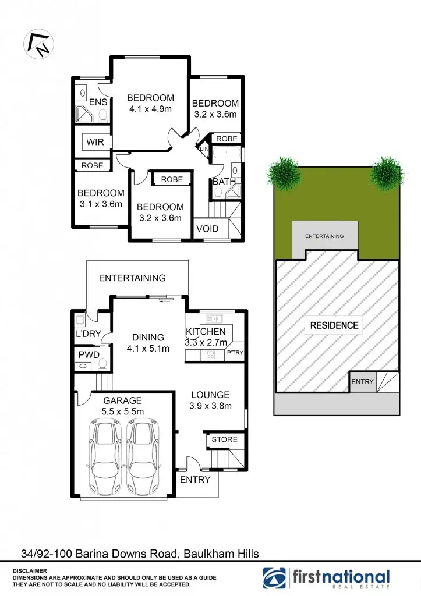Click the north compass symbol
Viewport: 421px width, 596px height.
click(x=37, y=42)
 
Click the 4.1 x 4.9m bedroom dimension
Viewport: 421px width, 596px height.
click(x=150, y=109)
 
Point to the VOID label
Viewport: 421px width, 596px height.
click(x=207, y=229)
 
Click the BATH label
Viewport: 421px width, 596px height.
click(x=224, y=182)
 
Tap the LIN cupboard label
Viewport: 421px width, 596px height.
click(x=204, y=149)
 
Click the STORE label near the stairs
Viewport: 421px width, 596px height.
click(x=224, y=439)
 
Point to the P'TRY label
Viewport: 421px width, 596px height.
click(x=235, y=353)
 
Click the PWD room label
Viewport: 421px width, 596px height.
click(x=89, y=354)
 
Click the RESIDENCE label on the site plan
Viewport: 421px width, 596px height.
click(x=334, y=325)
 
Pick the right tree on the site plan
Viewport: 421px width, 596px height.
click(x=386, y=172)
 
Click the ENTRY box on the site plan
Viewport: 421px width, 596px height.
click(x=363, y=382)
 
